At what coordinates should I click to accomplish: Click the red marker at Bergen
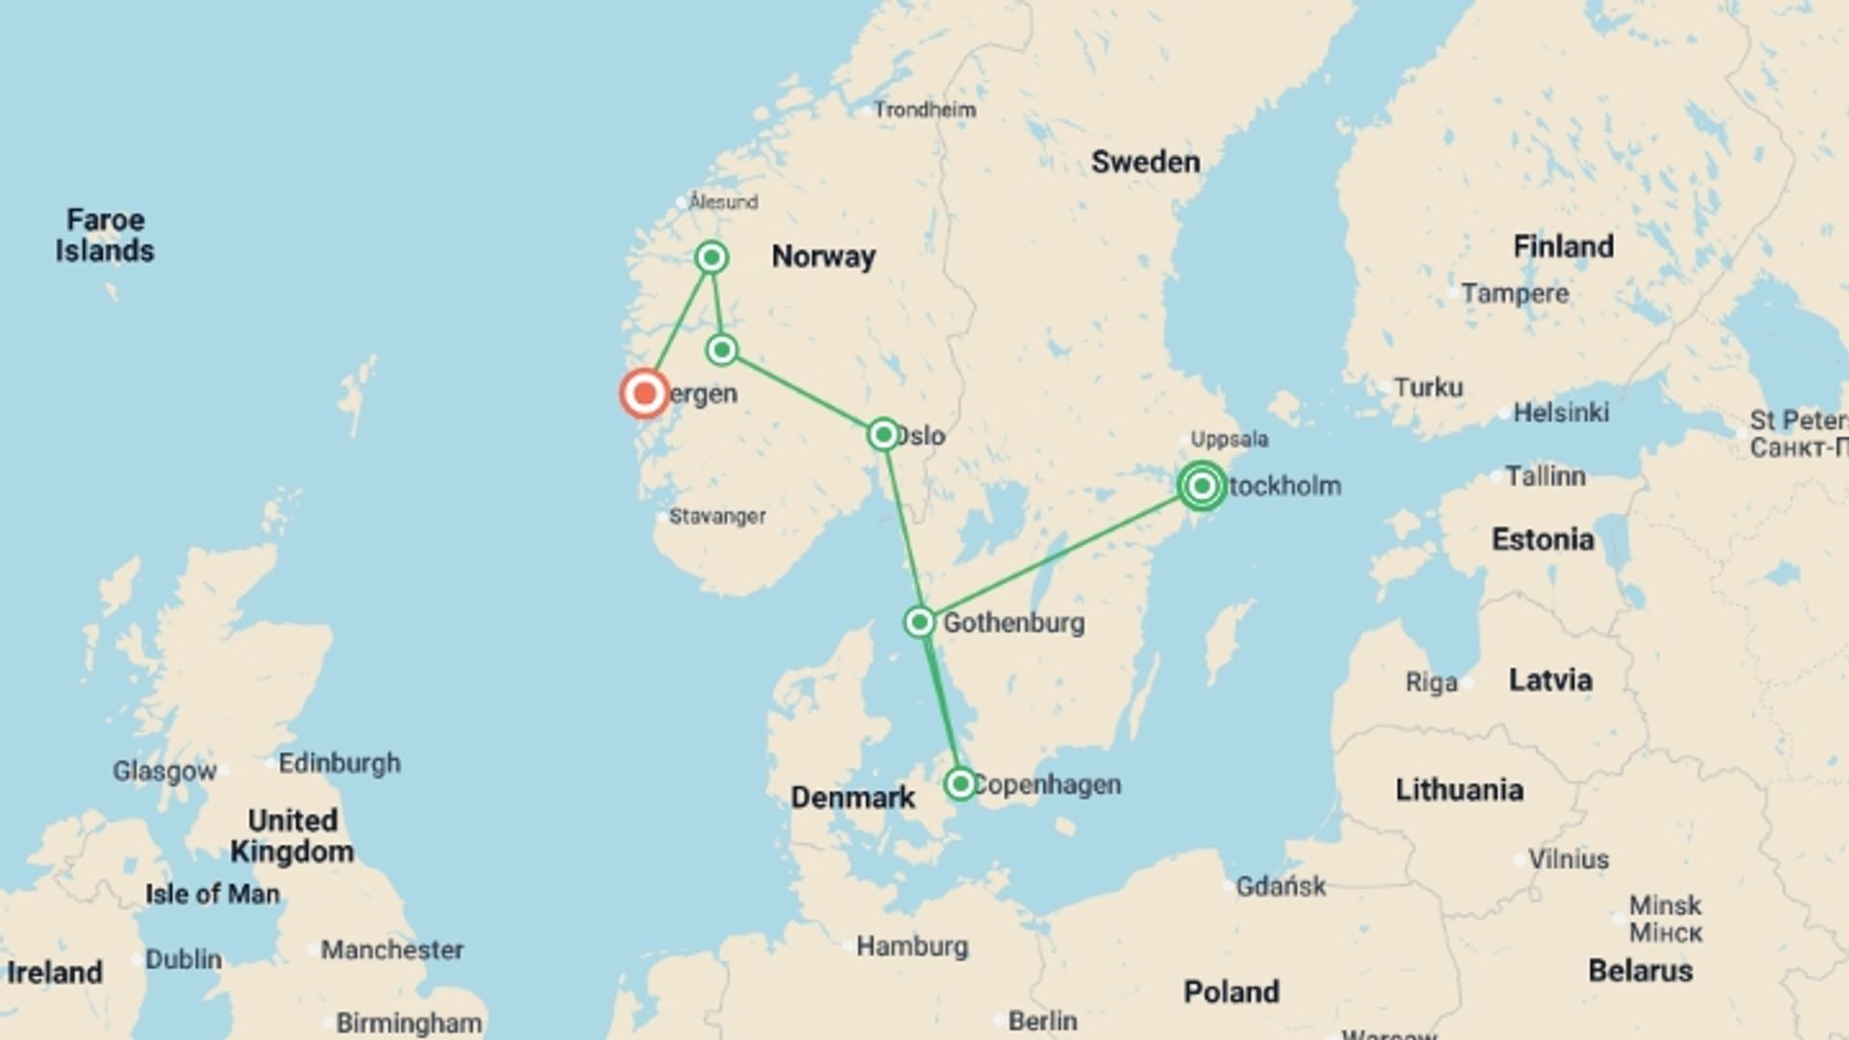644,393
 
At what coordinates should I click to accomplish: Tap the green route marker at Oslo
883,434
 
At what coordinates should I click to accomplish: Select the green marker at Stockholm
1201,485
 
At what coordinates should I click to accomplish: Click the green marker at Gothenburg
920,622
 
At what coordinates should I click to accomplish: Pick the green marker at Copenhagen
960,784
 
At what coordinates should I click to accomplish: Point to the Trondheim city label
924,110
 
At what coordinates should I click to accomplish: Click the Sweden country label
1145,162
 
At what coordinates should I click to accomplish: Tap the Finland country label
1563,247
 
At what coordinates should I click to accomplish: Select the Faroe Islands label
104,235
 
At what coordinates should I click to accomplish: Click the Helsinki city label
1560,412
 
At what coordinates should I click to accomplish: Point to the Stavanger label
717,516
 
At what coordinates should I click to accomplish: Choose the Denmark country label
852,797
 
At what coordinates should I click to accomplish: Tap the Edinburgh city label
339,764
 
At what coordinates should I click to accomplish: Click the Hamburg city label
912,946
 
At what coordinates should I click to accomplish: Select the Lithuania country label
1459,790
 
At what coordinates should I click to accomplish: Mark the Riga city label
1431,683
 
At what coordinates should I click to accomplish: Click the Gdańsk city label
1281,886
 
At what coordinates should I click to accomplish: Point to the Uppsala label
1229,439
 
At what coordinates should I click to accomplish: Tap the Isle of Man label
212,894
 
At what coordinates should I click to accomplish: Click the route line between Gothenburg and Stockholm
1059,555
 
